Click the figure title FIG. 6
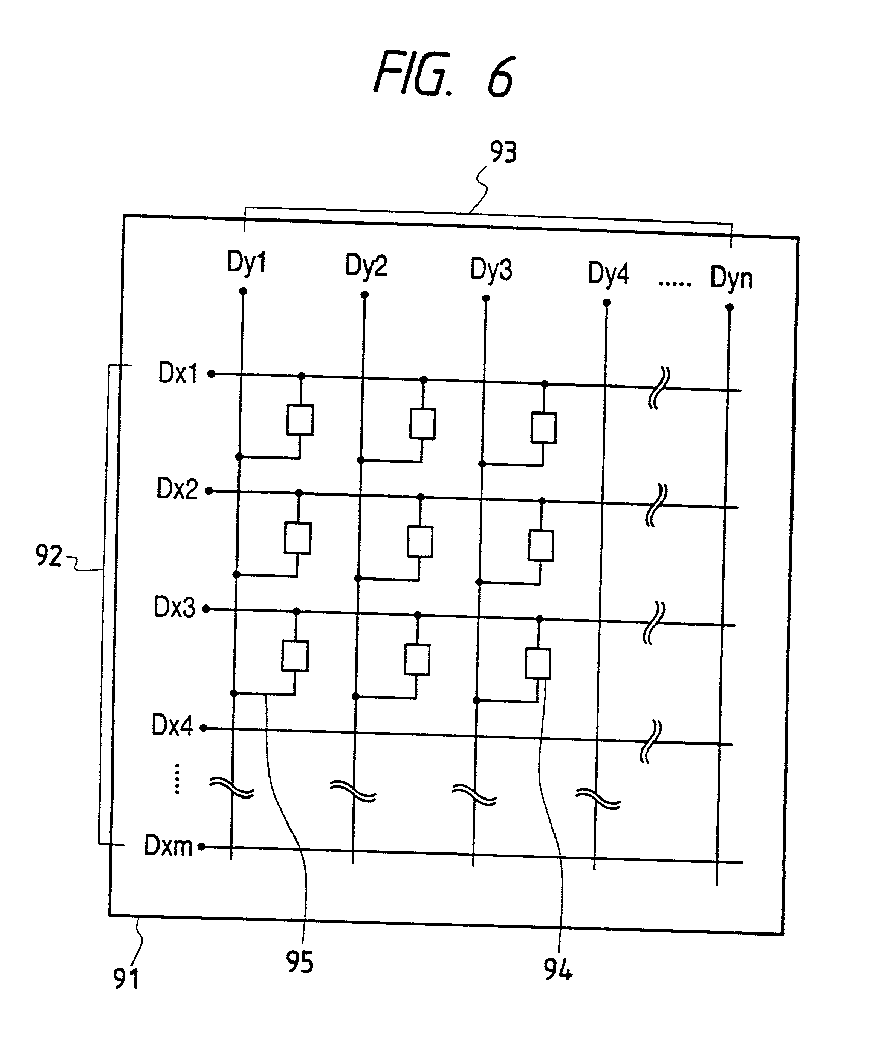pos(443,75)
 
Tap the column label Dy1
pos(247,263)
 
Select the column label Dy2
pos(366,265)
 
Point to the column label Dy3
pos(491,269)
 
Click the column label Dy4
pos(609,273)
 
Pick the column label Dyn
pos(731,278)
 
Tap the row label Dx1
pos(178,373)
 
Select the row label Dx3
pos(174,608)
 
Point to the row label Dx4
pos(172,725)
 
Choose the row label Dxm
pos(168,846)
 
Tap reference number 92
pos(48,556)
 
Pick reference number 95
pos(300,962)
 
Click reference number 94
pos(558,970)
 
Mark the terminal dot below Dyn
pos(729,307)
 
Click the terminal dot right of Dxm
pos(201,847)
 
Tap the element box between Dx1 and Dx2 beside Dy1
pos(300,420)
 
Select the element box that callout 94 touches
pos(538,663)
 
